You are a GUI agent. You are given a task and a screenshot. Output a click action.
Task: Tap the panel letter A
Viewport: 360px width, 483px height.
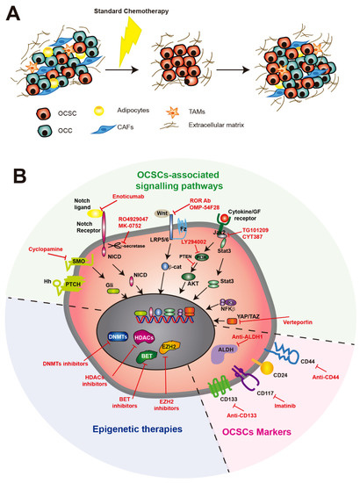[x=15, y=15]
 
